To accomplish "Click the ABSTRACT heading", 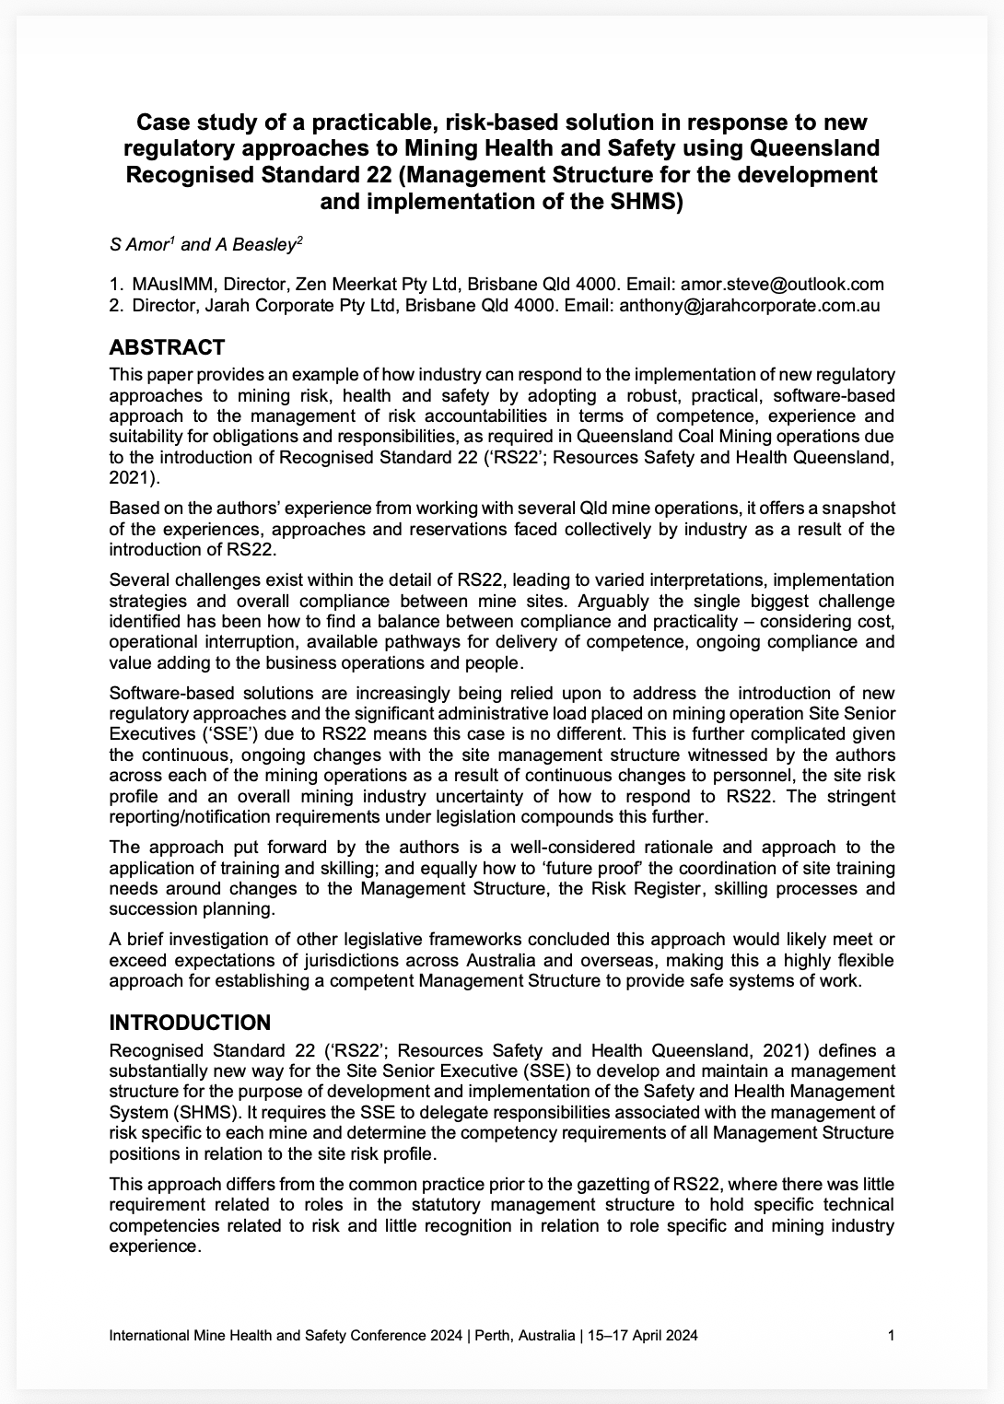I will coord(167,347).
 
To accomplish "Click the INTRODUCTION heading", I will coord(190,1023).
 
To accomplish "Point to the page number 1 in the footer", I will coord(890,1335).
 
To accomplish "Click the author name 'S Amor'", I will coord(138,245).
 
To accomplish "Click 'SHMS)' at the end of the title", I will coord(648,200).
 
